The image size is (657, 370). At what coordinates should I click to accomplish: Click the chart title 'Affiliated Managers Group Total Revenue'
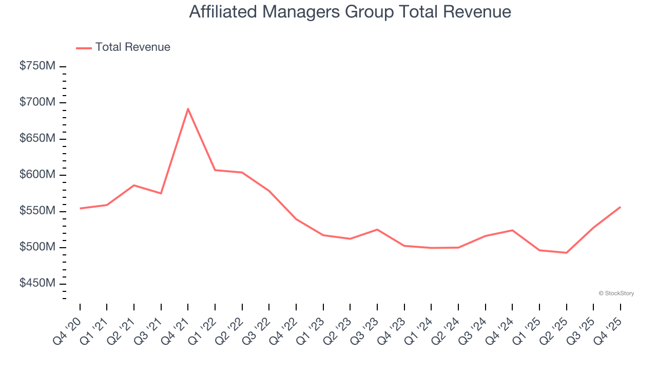point(350,12)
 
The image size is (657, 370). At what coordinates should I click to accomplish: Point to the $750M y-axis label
point(37,66)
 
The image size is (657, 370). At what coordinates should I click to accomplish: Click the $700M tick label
point(37,102)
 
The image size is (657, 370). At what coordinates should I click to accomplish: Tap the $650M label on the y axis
point(37,139)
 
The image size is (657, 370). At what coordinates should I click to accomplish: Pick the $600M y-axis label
point(37,175)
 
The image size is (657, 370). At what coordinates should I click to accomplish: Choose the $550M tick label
point(37,211)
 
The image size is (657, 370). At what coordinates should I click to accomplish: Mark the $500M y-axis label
point(37,247)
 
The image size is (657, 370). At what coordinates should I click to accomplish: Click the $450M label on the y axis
point(37,284)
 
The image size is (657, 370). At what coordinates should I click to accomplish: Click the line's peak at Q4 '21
point(188,108)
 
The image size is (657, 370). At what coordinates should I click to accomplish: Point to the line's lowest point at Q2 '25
point(566,253)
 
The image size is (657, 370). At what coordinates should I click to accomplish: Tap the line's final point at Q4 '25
point(620,207)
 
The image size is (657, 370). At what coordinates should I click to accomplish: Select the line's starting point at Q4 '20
point(80,208)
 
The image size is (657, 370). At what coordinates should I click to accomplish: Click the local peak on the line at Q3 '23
point(377,229)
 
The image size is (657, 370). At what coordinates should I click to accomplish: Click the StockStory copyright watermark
point(616,293)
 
